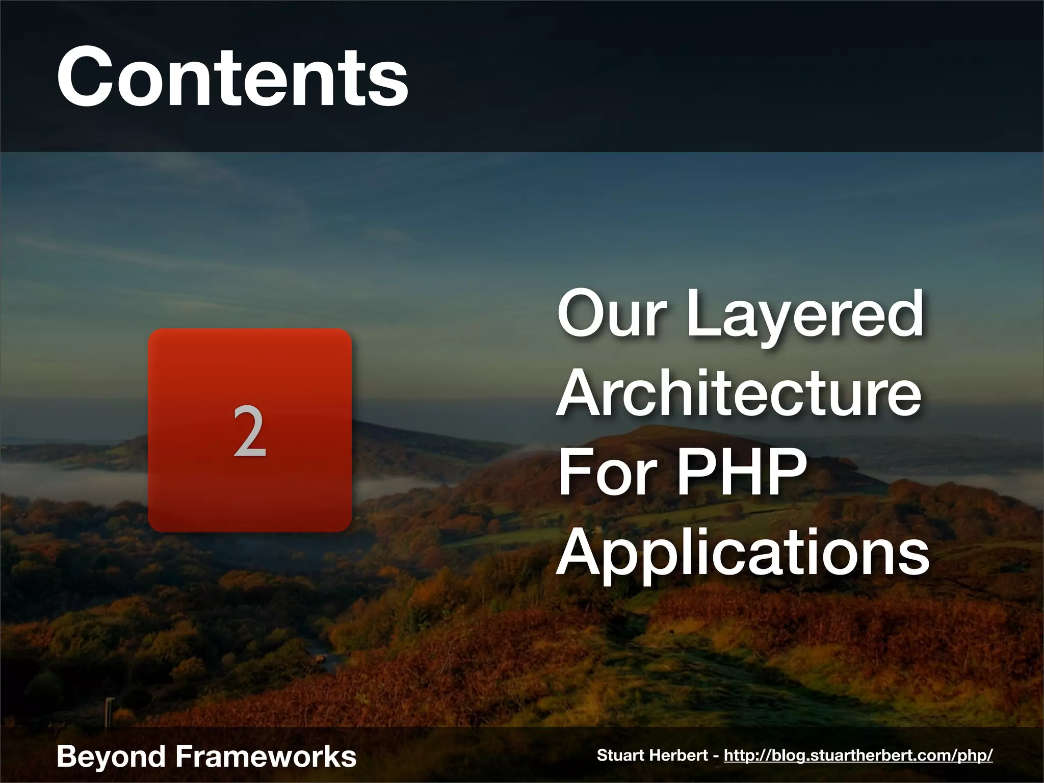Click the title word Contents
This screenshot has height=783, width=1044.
click(232, 77)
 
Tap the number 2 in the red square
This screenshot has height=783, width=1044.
click(249, 431)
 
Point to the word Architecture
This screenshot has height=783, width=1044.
click(739, 393)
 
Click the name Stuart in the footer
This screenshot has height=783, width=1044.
click(619, 755)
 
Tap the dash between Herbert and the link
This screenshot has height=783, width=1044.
click(716, 755)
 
